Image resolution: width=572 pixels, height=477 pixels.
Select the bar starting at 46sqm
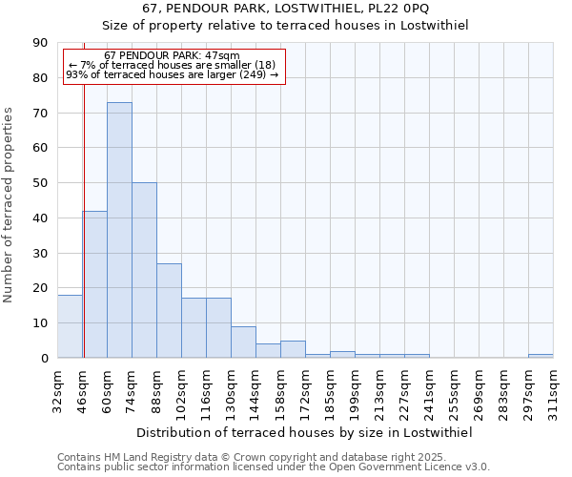(x=94, y=284)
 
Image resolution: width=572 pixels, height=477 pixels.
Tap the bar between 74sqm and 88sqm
(x=144, y=270)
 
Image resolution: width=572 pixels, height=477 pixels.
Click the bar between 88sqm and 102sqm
(x=169, y=310)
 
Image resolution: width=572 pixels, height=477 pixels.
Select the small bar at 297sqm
(x=541, y=356)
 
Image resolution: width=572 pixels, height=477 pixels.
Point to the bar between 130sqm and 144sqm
(x=243, y=342)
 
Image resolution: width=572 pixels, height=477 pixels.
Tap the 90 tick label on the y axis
(x=40, y=43)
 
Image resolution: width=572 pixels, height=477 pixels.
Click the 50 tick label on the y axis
(x=40, y=183)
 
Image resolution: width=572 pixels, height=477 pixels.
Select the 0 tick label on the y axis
(x=44, y=358)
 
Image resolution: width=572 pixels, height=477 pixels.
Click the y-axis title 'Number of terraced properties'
(x=10, y=205)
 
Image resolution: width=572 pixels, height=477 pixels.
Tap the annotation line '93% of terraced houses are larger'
(x=172, y=74)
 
